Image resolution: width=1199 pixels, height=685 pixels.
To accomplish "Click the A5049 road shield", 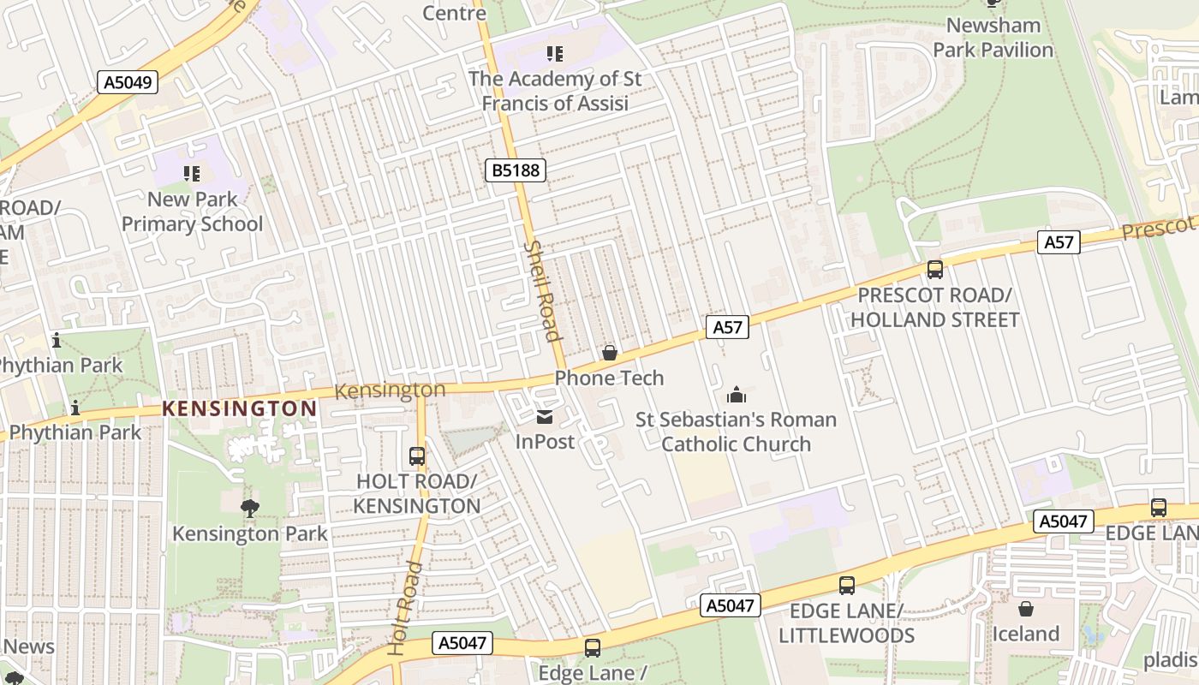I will pyautogui.click(x=128, y=82).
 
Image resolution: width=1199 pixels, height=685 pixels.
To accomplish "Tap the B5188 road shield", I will pyautogui.click(x=516, y=170).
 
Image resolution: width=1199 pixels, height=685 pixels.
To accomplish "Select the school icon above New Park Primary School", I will pyautogui.click(x=192, y=174).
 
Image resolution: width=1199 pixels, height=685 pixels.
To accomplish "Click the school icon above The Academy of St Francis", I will pyautogui.click(x=555, y=54).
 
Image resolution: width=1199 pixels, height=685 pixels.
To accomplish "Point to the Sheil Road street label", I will pyautogui.click(x=541, y=289).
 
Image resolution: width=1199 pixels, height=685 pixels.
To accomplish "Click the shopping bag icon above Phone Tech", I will pyautogui.click(x=610, y=353).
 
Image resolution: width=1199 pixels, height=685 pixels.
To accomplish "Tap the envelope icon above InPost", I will pyautogui.click(x=545, y=417).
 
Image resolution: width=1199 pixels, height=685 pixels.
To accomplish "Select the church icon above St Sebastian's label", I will pyautogui.click(x=736, y=395).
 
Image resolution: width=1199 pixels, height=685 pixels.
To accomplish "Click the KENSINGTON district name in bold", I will pyautogui.click(x=240, y=408).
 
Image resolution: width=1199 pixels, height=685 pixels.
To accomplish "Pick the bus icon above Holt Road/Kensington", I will pyautogui.click(x=417, y=456).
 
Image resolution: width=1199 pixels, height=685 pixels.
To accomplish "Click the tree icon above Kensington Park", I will pyautogui.click(x=249, y=509).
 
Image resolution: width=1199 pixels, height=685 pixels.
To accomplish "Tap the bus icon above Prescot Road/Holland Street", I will pyautogui.click(x=934, y=270).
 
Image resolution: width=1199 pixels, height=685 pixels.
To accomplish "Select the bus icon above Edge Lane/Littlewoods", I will pyautogui.click(x=846, y=586).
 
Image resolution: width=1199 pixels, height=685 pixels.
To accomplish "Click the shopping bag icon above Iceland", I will pyautogui.click(x=1025, y=609).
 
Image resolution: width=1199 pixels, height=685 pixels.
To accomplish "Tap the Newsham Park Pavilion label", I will pyautogui.click(x=993, y=38).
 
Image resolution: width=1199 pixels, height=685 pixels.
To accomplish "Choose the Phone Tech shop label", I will pyautogui.click(x=609, y=378).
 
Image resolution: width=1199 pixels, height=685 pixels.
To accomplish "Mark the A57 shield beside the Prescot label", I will pyautogui.click(x=1059, y=242).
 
